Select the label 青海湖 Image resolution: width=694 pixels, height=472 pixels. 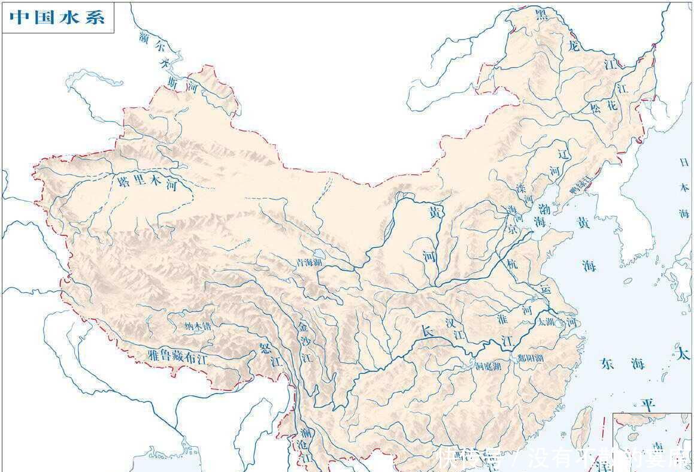point(309,262)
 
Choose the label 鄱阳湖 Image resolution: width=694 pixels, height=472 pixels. point(531,359)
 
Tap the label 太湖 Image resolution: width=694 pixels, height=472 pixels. point(546,322)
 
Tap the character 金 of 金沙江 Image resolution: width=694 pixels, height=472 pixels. point(304,328)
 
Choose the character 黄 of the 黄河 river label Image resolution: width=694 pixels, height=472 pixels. point(435,213)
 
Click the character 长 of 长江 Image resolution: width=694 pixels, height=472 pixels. point(426,331)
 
